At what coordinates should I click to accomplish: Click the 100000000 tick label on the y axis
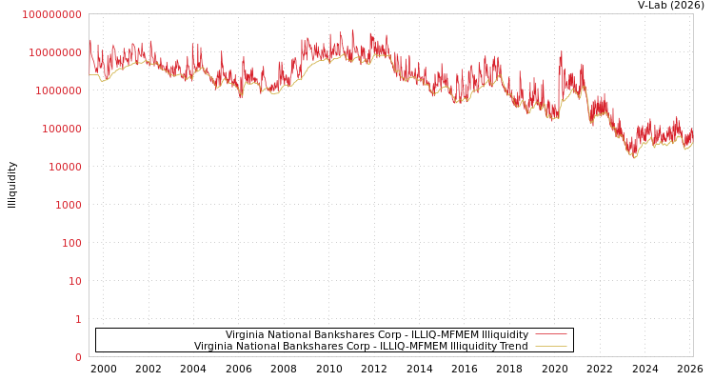click(52, 14)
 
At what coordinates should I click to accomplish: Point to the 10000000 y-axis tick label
click(55, 52)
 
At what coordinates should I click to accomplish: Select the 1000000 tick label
click(58, 90)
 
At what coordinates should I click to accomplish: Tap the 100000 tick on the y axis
click(61, 129)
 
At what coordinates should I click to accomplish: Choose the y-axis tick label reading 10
click(74, 281)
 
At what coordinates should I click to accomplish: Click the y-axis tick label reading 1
click(78, 319)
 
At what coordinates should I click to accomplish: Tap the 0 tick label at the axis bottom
click(78, 357)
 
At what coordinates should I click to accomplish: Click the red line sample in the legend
click(550, 335)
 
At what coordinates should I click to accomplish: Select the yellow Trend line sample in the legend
click(550, 347)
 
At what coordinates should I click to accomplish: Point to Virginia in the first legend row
click(245, 335)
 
